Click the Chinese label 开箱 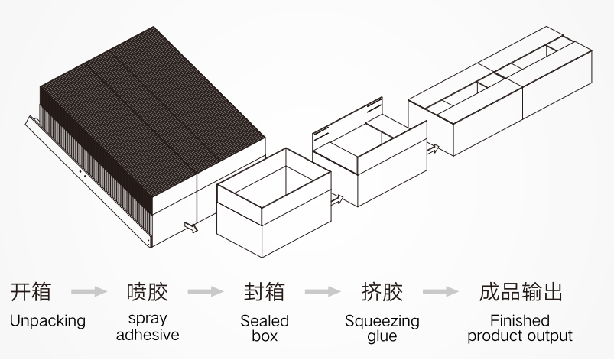pos(31,292)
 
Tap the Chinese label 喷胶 pos(147,292)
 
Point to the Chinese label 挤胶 pos(382,292)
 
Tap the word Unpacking pos(47,321)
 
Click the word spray pos(148,319)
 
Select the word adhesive pos(148,335)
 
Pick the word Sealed pos(265,320)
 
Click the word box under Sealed pos(265,336)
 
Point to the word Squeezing pos(382,321)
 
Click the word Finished pos(520,320)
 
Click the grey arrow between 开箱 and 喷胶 pos(89,292)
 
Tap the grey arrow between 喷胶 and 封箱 pos(206,292)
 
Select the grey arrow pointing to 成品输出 pos(441,292)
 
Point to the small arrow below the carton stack pos(190,226)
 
